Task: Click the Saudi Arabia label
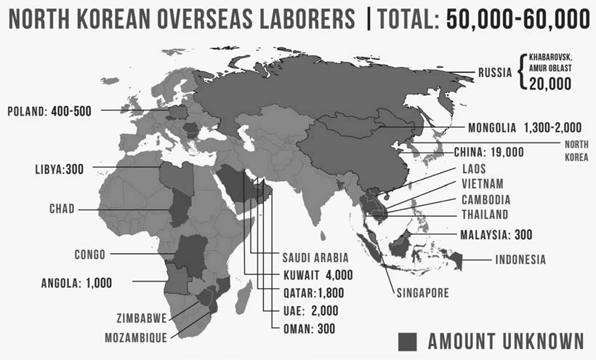tap(315, 257)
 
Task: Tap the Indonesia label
tap(520, 260)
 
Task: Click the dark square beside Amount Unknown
tap(409, 340)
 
